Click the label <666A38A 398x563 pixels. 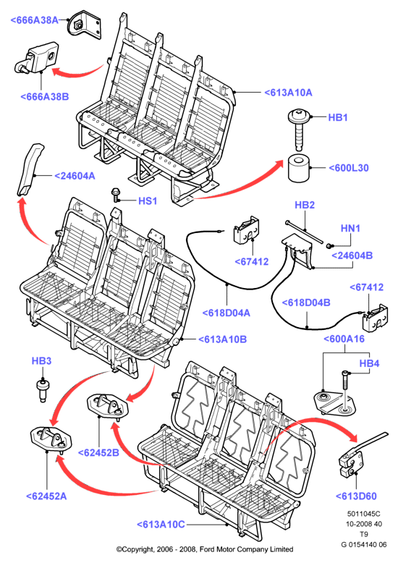pyautogui.click(x=35, y=20)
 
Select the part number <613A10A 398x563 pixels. pyautogui.click(x=288, y=93)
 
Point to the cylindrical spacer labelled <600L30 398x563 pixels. pyautogui.click(x=299, y=168)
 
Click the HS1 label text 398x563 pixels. pyautogui.click(x=148, y=200)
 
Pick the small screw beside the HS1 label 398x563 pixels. pyautogui.click(x=116, y=194)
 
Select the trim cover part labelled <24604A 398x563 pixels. pyautogui.click(x=31, y=169)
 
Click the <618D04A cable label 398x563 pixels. pyautogui.click(x=226, y=313)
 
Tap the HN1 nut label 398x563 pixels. pyautogui.click(x=350, y=228)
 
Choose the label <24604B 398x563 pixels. pyautogui.click(x=352, y=255)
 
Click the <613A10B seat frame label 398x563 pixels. pyautogui.click(x=222, y=339)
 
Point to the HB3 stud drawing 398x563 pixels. pyautogui.click(x=43, y=391)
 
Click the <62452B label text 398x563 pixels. pyautogui.click(x=98, y=453)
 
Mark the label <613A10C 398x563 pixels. pyautogui.click(x=161, y=525)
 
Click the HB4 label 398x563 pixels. pyautogui.click(x=369, y=363)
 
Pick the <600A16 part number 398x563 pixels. pyautogui.click(x=344, y=339)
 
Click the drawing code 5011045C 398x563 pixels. pyautogui.click(x=363, y=515)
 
